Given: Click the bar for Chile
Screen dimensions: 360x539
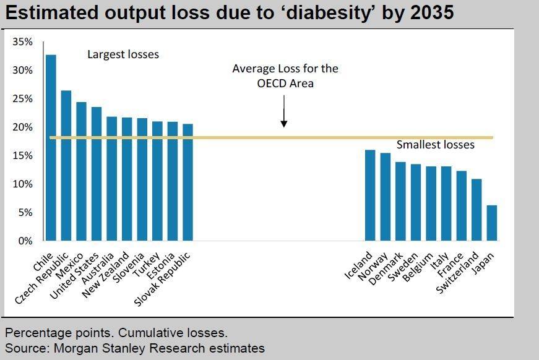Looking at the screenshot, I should tap(51, 148).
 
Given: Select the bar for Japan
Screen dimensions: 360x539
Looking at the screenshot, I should tap(492, 223).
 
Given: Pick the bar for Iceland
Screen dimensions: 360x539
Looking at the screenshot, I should tap(370, 195).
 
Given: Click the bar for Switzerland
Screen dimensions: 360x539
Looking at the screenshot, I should tap(476, 210).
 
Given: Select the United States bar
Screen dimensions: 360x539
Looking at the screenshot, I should tap(97, 174).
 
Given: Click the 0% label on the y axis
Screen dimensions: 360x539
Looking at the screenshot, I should tap(26, 241).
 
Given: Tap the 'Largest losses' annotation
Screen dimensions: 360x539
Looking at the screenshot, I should tap(123, 54).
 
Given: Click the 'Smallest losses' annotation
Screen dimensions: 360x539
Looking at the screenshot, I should tap(435, 145).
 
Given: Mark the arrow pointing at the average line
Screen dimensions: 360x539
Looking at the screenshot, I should tap(283, 114).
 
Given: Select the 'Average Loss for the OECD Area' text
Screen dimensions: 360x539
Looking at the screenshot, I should tap(285, 75).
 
